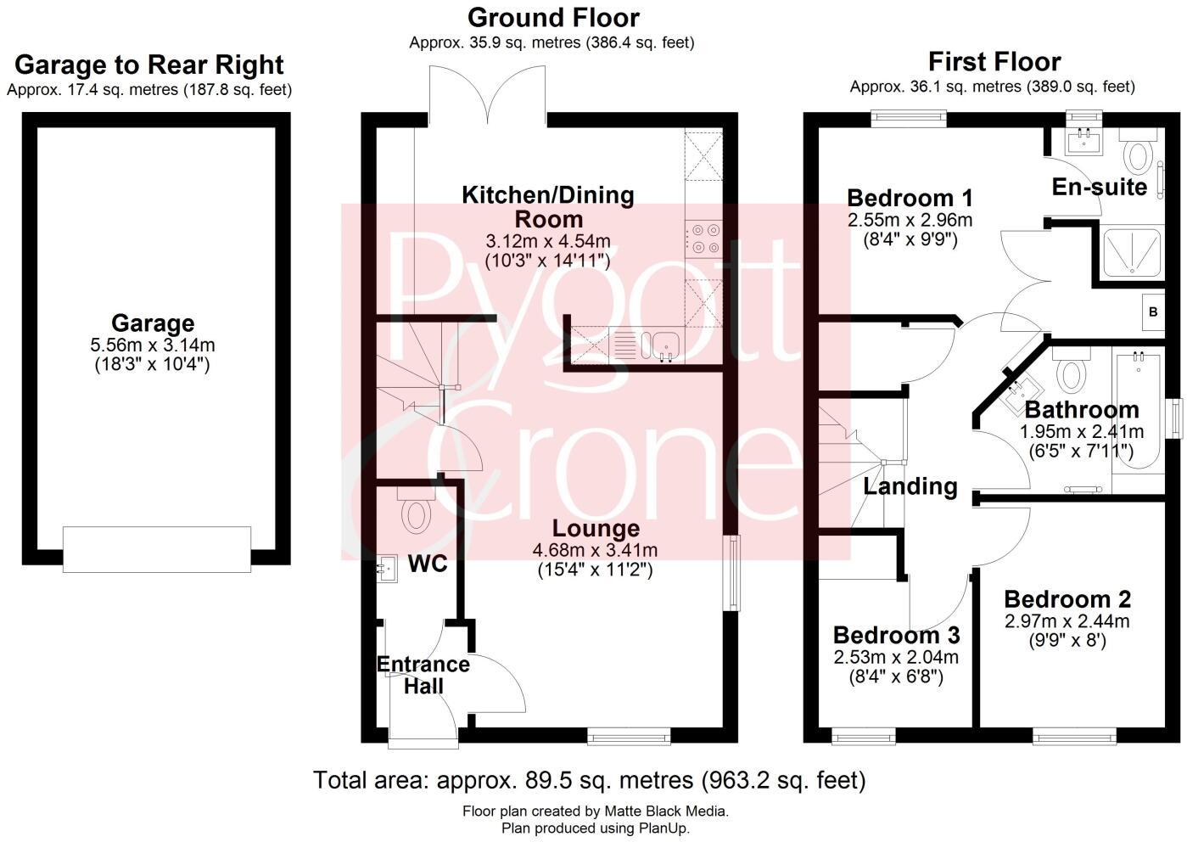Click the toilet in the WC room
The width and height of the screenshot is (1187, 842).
pos(416,512)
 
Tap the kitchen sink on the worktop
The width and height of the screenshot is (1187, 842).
pos(665,344)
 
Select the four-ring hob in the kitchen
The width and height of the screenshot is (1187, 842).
pos(703,239)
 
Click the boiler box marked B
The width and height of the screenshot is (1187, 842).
pos(1152,312)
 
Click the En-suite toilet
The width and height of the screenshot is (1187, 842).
pos(1135,156)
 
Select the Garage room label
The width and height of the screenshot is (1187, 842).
pos(153,323)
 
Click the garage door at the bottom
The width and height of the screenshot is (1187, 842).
pos(157,548)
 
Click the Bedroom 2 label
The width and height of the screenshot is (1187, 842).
pos(1067,599)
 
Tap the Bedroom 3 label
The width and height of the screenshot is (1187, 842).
pos(896,635)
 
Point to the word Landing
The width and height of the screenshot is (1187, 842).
pos(910,486)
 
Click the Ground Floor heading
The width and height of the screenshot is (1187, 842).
pos(553,17)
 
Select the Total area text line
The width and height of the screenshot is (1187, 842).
pos(589,779)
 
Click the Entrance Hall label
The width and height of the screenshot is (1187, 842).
pos(423,675)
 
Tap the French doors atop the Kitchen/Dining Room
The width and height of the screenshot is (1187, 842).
pos(488,95)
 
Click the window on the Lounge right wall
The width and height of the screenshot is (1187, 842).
pos(730,572)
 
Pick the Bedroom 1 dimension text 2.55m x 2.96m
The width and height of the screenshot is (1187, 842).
pos(910,221)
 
